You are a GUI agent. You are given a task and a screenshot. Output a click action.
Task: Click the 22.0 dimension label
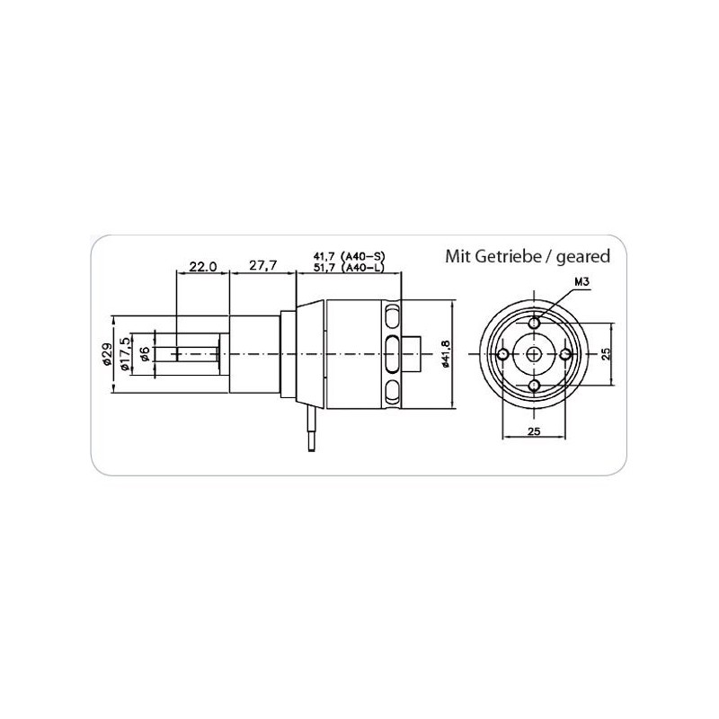click(x=203, y=266)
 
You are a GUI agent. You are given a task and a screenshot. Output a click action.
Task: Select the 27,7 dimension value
click(x=262, y=265)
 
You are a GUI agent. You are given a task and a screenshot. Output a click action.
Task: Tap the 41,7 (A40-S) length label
click(x=349, y=256)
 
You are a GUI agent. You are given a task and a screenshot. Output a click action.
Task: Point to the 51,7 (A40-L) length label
click(x=349, y=267)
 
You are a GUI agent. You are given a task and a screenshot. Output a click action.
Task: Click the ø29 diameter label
click(x=106, y=354)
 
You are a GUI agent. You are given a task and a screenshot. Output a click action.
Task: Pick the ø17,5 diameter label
click(x=124, y=354)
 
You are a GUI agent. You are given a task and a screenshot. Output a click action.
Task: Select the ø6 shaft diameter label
click(x=144, y=354)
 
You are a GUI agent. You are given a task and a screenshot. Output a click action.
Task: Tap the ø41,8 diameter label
click(x=444, y=354)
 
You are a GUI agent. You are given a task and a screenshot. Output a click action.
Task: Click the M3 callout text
click(x=581, y=282)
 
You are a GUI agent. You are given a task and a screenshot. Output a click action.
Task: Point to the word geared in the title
click(x=582, y=257)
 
